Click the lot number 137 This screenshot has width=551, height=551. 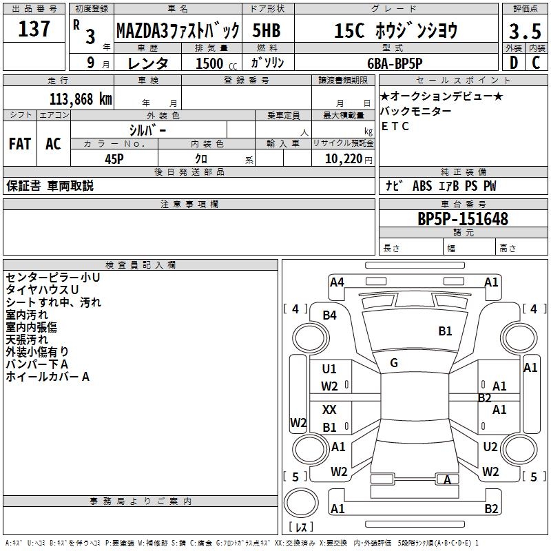(x=34, y=29)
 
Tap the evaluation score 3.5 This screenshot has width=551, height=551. (x=524, y=32)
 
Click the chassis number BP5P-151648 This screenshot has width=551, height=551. (x=462, y=219)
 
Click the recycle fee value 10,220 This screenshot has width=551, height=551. (x=341, y=158)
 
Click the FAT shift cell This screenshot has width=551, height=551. (x=20, y=144)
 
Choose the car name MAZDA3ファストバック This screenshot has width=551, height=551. (x=177, y=30)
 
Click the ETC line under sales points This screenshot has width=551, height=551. (x=395, y=126)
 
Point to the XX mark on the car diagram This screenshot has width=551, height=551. (x=329, y=410)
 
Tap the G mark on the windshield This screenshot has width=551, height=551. (x=394, y=362)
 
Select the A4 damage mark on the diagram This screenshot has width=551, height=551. (x=336, y=282)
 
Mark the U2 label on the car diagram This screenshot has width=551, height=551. (x=490, y=446)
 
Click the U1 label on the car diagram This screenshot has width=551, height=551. (x=329, y=369)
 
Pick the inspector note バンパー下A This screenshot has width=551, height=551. (x=37, y=364)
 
